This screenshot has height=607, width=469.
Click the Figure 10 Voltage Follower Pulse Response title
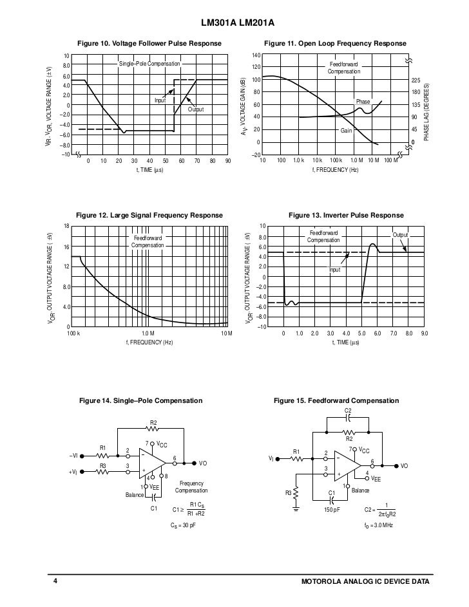[149, 44]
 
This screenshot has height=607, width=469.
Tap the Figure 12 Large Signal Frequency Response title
[149, 215]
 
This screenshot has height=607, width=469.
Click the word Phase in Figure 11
[363, 102]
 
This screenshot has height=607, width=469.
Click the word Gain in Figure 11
[346, 131]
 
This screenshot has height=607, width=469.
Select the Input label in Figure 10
[160, 100]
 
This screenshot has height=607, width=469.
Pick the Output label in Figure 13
[401, 235]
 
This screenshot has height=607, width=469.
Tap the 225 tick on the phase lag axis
[416, 80]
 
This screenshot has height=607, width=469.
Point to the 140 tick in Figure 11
[256, 56]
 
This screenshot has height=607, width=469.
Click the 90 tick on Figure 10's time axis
[228, 161]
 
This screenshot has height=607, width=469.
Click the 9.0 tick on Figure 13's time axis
[425, 333]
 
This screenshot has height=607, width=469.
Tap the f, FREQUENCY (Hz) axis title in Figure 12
[149, 343]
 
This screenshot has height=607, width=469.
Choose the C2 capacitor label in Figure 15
[349, 411]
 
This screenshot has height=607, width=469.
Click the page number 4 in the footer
[55, 582]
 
